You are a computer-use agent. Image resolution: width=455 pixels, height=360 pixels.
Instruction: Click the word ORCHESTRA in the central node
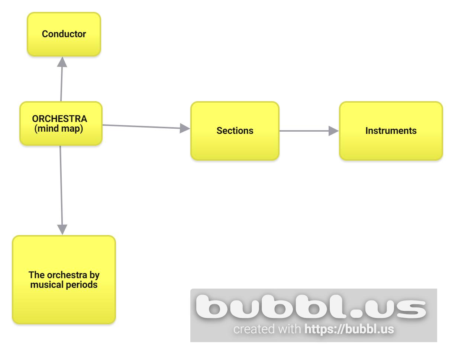click(x=60, y=119)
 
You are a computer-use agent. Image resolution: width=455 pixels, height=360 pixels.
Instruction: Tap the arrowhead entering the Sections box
click(x=185, y=129)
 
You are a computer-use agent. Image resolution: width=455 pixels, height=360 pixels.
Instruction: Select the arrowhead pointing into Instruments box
click(x=333, y=131)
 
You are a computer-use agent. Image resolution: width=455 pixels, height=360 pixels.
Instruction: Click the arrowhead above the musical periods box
click(x=62, y=229)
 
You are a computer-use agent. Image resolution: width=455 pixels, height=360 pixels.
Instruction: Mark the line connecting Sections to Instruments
click(x=303, y=131)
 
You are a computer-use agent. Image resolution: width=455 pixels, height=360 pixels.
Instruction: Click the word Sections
click(x=235, y=131)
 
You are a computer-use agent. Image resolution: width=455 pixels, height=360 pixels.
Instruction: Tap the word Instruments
click(x=391, y=131)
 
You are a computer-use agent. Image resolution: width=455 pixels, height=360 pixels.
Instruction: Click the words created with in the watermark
click(x=267, y=330)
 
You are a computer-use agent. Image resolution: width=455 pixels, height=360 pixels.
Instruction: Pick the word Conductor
click(x=64, y=34)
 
